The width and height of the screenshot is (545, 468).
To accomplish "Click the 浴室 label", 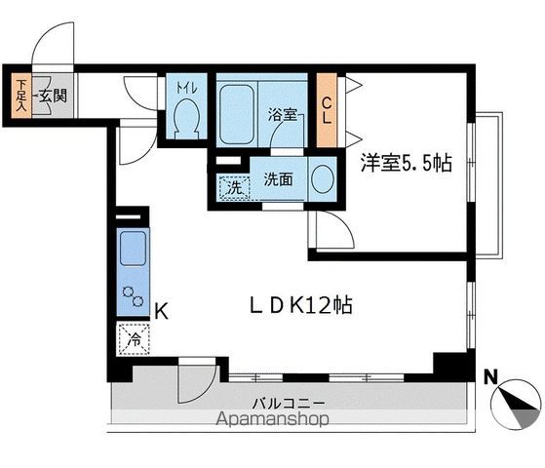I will [x=283, y=114].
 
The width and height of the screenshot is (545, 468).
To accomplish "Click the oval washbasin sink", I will [x=322, y=180].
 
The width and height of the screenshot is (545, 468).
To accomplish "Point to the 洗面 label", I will [x=279, y=180].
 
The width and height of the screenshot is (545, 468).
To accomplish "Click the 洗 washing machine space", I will [x=233, y=186].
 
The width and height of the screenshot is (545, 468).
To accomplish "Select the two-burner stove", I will [x=132, y=295].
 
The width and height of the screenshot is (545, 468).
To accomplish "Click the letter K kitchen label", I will [x=163, y=312].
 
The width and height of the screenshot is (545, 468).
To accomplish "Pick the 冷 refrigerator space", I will [x=132, y=339].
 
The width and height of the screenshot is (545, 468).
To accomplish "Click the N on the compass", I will [x=491, y=374].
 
